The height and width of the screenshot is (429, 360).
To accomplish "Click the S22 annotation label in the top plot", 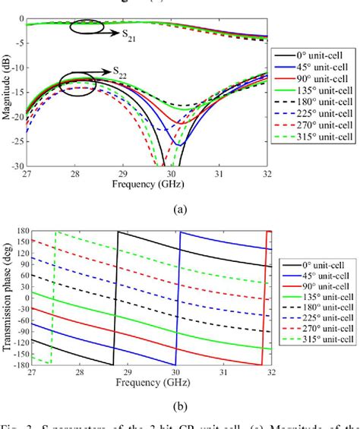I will coord(121,72).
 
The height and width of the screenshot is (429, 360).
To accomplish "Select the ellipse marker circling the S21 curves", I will coord(86,27).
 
